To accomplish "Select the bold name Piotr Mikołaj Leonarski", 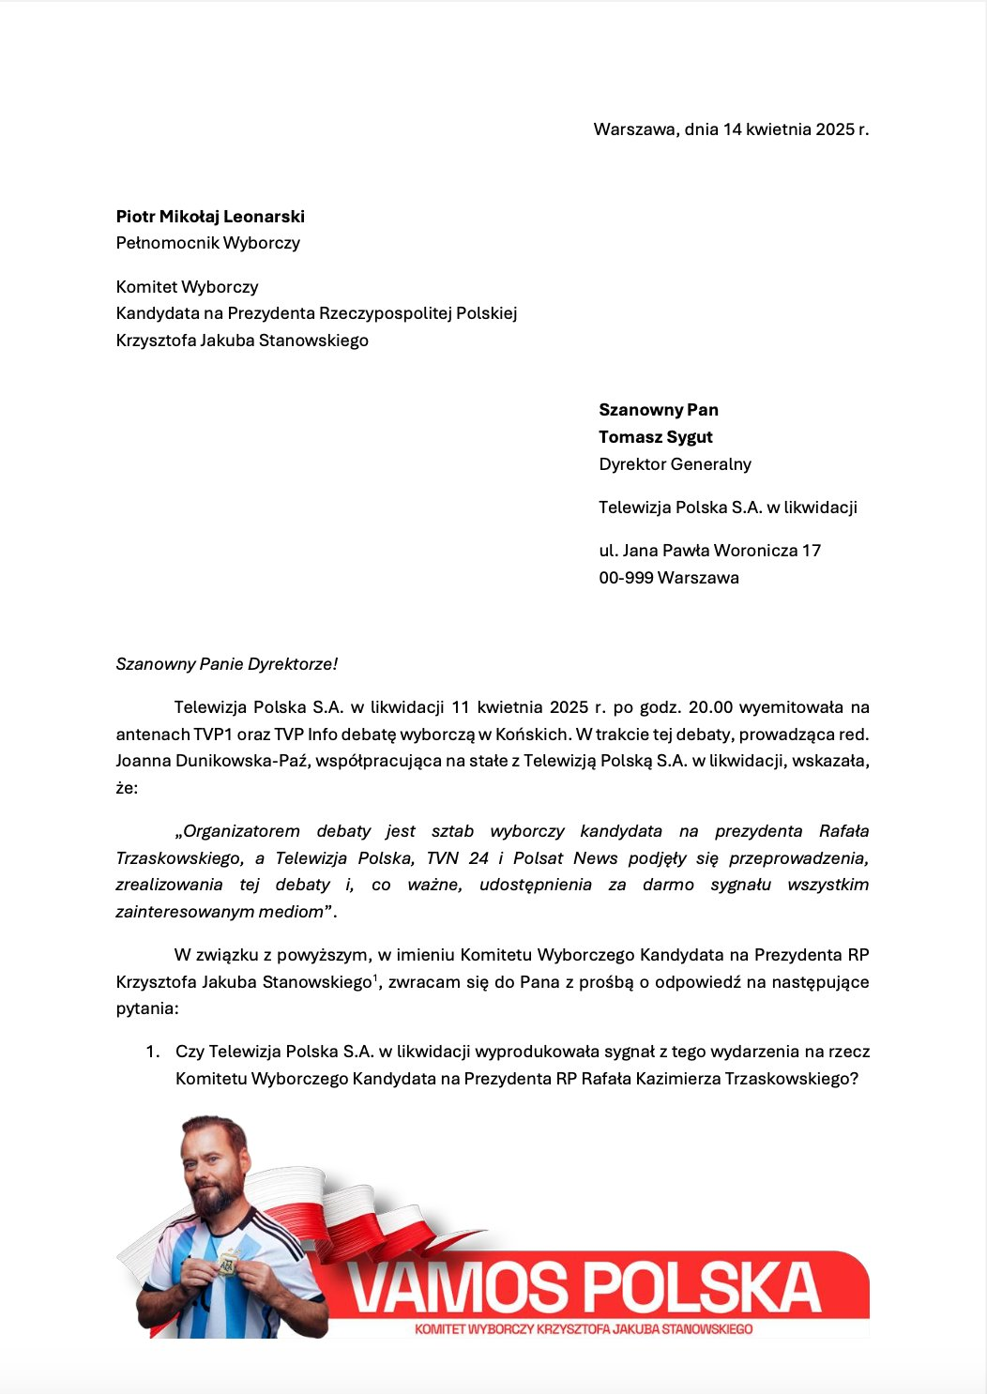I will (210, 217).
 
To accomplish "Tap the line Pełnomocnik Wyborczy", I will (207, 243).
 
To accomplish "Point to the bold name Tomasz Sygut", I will (656, 437).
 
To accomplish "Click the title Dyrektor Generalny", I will (675, 464).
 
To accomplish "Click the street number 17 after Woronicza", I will (812, 551).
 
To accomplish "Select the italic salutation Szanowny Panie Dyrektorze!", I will (226, 664).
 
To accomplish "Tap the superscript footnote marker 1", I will (375, 978).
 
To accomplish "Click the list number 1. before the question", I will (153, 1053).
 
